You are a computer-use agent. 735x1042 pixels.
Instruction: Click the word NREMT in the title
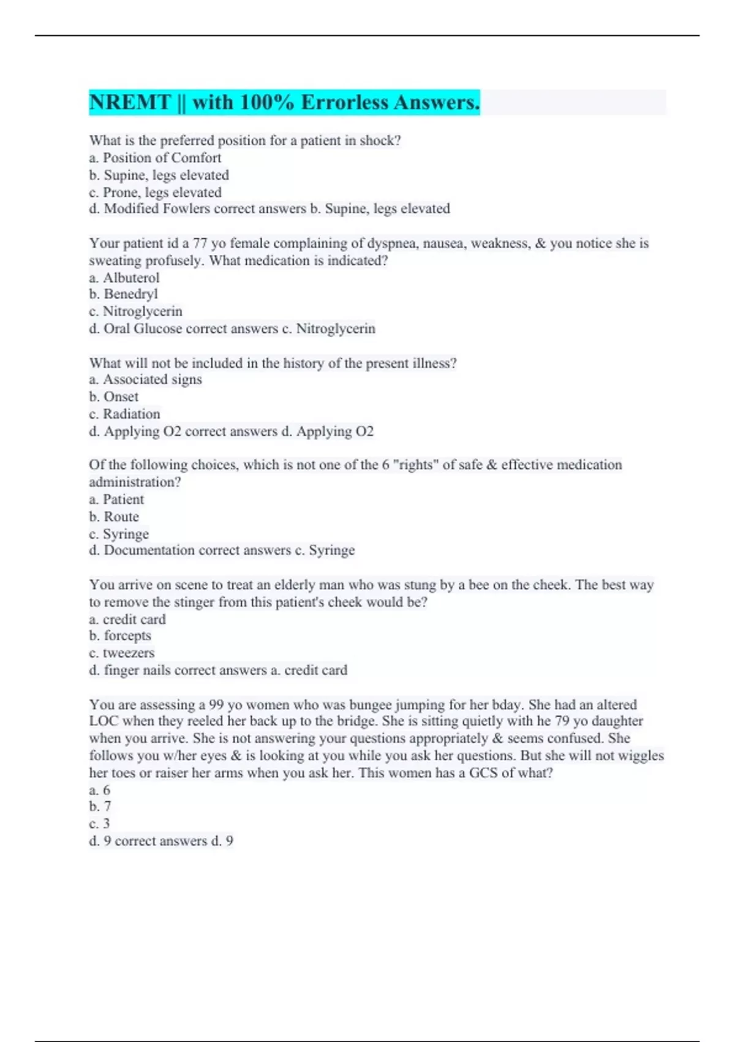[130, 102]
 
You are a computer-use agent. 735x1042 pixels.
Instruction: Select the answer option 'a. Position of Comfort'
[155, 158]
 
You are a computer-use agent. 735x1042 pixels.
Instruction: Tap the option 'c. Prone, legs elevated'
[155, 192]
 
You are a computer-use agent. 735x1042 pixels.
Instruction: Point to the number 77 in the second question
[200, 243]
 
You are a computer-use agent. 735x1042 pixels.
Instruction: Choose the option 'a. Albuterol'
[124, 278]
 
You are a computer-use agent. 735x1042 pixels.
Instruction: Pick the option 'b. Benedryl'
[123, 294]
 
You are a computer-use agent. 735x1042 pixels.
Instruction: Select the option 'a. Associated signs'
[145, 379]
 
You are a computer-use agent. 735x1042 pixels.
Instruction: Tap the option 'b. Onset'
[114, 397]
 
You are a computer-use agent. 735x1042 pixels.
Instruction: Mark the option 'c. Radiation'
[124, 414]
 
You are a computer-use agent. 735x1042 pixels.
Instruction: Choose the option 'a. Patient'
[116, 500]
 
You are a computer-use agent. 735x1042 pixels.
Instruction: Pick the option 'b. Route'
[114, 517]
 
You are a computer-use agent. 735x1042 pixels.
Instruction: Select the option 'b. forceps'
[120, 636]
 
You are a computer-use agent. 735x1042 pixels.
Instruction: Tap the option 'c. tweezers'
[122, 653]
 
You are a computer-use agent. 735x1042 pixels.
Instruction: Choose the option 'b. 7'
[100, 807]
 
